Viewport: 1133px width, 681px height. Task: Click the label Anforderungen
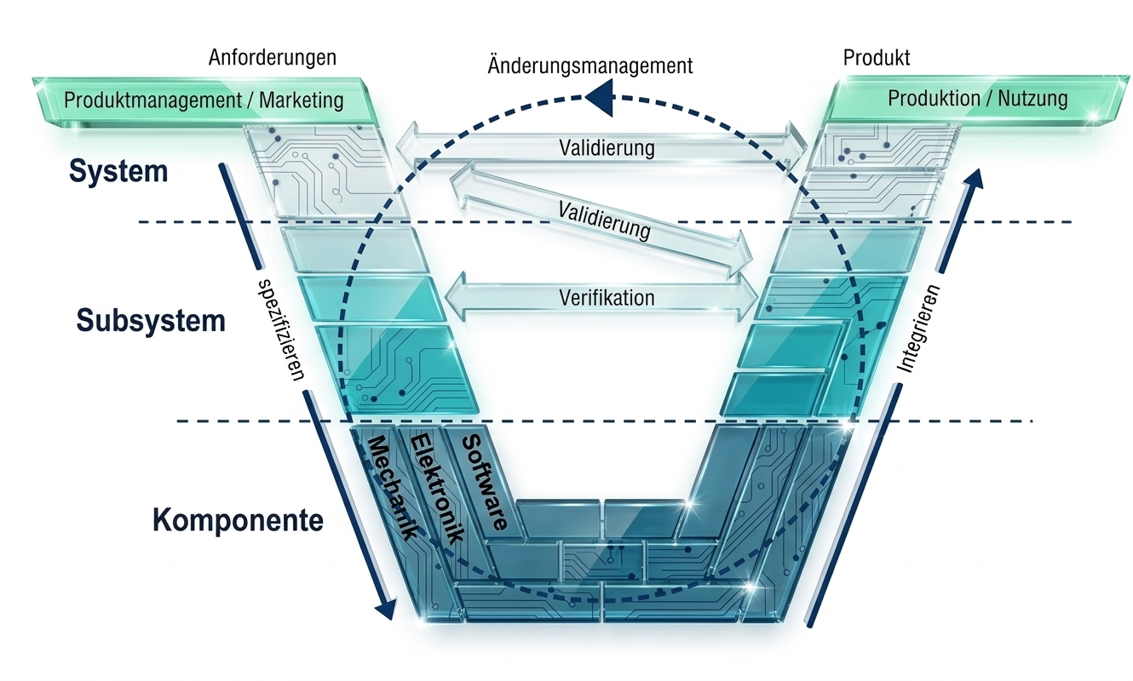[273, 58]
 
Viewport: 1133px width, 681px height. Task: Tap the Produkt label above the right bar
[877, 58]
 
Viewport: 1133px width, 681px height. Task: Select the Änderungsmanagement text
[590, 66]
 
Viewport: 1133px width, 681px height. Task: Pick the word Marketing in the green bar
[302, 100]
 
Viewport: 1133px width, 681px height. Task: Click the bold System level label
[118, 172]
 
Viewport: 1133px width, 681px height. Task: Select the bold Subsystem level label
[151, 321]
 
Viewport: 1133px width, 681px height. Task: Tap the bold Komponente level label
[239, 520]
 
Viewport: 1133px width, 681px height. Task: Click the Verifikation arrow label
[607, 298]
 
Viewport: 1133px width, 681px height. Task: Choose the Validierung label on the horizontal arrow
[607, 147]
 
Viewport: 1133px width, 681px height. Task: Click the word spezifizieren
[279, 328]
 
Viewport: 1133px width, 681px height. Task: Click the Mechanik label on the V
[392, 487]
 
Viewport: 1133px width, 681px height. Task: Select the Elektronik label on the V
[436, 487]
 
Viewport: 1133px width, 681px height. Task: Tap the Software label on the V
[484, 483]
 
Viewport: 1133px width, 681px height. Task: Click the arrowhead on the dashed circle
[598, 96]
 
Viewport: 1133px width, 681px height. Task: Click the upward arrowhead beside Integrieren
[975, 177]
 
